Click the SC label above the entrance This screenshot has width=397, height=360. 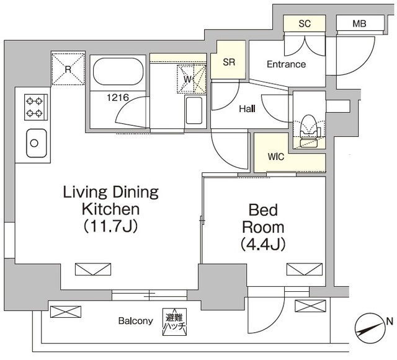click(x=305, y=24)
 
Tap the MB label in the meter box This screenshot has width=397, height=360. click(x=359, y=24)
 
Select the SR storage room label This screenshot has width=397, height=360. click(x=229, y=62)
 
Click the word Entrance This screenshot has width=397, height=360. click(x=287, y=64)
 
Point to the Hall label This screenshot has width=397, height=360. click(x=248, y=109)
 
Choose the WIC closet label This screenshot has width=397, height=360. click(x=276, y=157)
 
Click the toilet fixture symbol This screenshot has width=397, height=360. click(x=308, y=131)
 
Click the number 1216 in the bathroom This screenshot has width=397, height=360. click(x=118, y=97)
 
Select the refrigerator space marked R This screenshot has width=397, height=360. click(x=68, y=69)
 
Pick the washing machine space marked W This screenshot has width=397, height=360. click(x=192, y=79)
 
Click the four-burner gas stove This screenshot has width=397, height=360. click(x=36, y=107)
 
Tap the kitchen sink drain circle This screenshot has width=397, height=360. click(x=34, y=143)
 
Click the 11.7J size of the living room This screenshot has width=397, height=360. click(x=111, y=226)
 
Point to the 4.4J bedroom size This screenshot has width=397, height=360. click(x=263, y=244)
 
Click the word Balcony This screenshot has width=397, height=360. click(x=136, y=321)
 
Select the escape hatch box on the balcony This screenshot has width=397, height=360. click(x=174, y=322)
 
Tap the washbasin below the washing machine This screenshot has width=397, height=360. click(x=194, y=110)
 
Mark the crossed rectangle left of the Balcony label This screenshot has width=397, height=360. click(x=66, y=312)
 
